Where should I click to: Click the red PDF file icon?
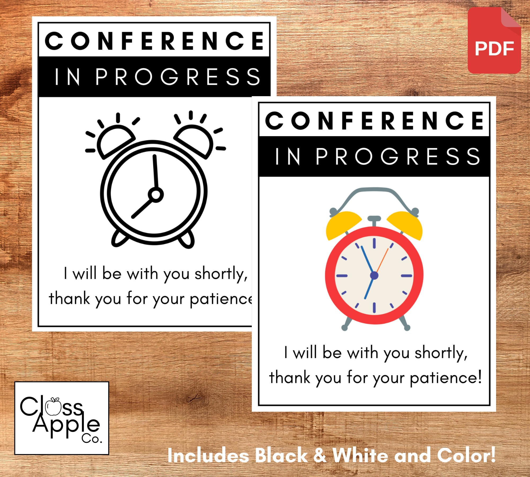[494, 41]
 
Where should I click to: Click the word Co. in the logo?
[92, 439]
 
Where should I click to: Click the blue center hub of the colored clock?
[374, 276]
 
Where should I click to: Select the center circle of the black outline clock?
[156, 195]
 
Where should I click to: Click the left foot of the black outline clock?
[119, 239]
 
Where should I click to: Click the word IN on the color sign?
[288, 157]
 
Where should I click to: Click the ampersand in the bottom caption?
[320, 455]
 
